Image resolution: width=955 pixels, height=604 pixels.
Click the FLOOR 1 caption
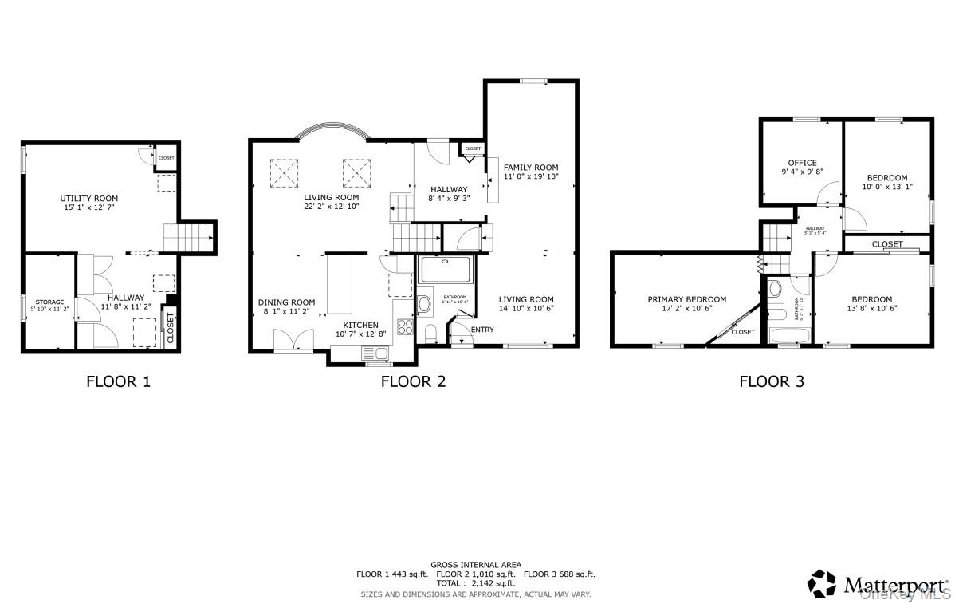point(118,381)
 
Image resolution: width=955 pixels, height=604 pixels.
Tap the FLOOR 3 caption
point(771,381)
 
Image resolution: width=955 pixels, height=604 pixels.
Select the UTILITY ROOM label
point(89,199)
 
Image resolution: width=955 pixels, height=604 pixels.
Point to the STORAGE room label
point(49,302)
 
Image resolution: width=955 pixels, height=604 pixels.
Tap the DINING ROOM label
point(286,302)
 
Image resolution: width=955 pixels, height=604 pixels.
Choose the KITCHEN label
point(360,325)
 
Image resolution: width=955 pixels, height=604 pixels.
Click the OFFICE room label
point(802,163)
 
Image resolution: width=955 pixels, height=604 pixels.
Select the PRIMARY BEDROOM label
point(686,299)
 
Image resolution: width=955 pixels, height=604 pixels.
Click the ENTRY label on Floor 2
point(482,330)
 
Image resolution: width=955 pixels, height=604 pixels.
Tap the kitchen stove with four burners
point(404,326)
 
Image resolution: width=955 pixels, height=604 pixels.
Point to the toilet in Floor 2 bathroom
point(430,331)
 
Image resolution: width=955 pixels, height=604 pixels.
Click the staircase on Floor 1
point(188,238)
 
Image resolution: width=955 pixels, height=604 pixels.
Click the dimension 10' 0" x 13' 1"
point(887,187)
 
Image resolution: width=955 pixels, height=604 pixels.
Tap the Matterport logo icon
point(822,584)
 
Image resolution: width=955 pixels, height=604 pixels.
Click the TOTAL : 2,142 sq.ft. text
point(476,584)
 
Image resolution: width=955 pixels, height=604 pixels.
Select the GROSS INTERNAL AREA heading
point(476,564)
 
